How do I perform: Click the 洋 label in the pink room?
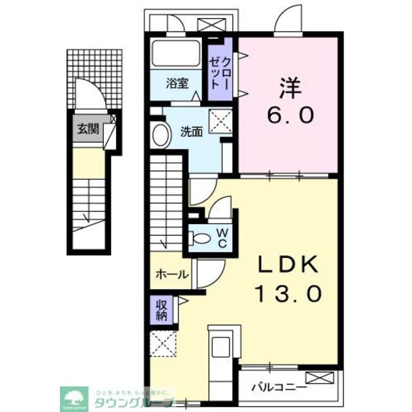[289, 87]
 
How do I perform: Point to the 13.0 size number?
[288, 294]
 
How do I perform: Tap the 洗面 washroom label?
[191, 132]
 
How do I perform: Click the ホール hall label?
[172, 274]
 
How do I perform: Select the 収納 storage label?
[161, 308]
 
